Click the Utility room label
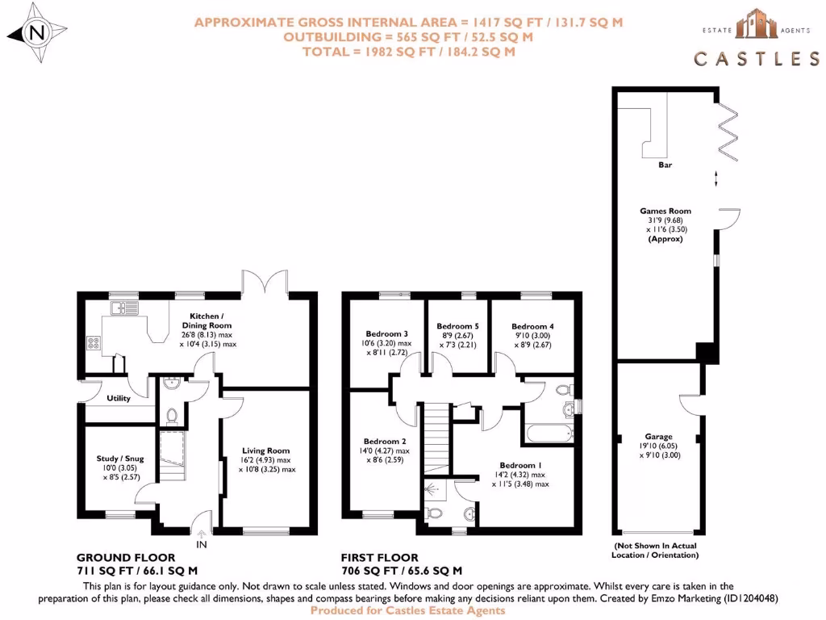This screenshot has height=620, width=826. point(118,398)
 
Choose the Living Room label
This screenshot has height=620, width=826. point(266,450)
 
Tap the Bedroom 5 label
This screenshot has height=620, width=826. point(457,326)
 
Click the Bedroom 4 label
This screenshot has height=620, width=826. point(532,326)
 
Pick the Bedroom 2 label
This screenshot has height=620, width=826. point(385,442)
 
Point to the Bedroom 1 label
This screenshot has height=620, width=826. point(520,465)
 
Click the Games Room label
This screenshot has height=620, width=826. point(665,211)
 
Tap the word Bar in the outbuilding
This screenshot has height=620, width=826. point(665,165)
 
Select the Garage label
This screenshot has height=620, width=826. point(658,437)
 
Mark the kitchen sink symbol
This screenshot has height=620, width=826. point(127,308)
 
